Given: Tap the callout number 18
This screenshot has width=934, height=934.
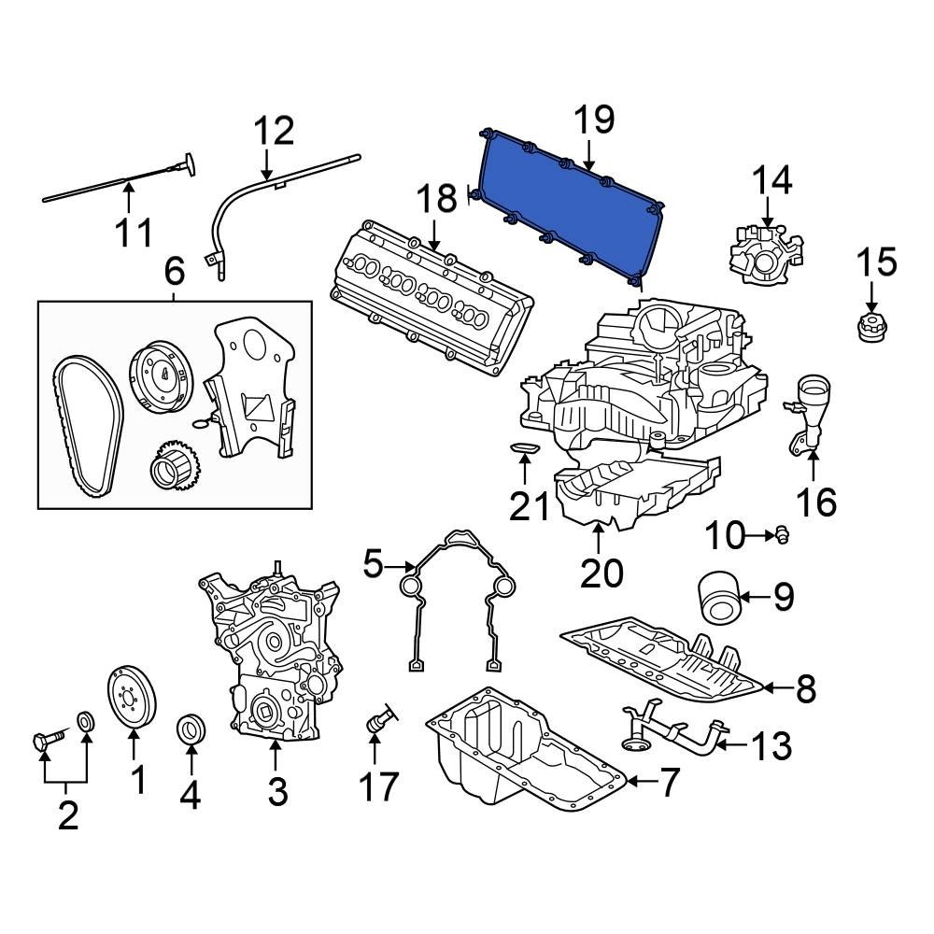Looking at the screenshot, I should tap(438, 199).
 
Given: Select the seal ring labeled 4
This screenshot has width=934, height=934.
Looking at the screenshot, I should tap(191, 729).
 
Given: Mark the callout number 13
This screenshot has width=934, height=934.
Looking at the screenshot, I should tap(771, 746).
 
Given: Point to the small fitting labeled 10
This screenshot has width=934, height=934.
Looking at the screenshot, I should tap(778, 534).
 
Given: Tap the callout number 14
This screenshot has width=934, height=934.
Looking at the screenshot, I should tap(772, 180).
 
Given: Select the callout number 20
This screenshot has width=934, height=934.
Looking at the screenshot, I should tap(601, 572).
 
